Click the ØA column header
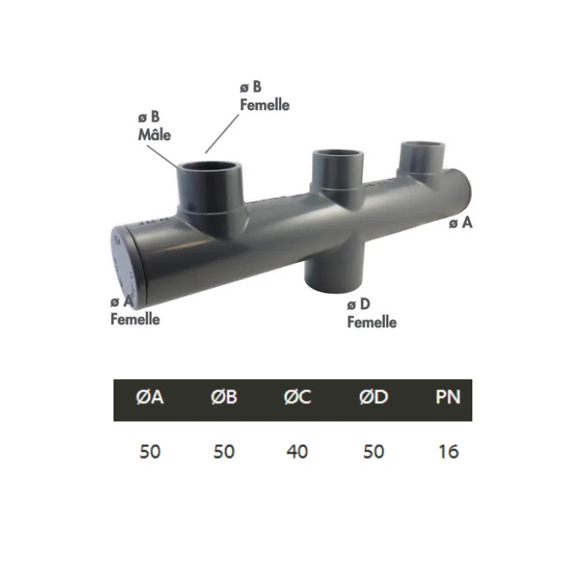(149, 399)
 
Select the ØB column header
(224, 399)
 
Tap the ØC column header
(297, 399)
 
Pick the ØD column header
(372, 399)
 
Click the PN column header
(447, 399)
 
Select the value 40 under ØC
(297, 451)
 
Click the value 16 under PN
(449, 451)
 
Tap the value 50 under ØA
(149, 451)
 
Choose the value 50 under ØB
(224, 451)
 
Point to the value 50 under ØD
(372, 451)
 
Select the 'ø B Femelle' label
(265, 96)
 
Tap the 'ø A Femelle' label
(135, 310)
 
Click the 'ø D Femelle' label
(372, 313)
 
